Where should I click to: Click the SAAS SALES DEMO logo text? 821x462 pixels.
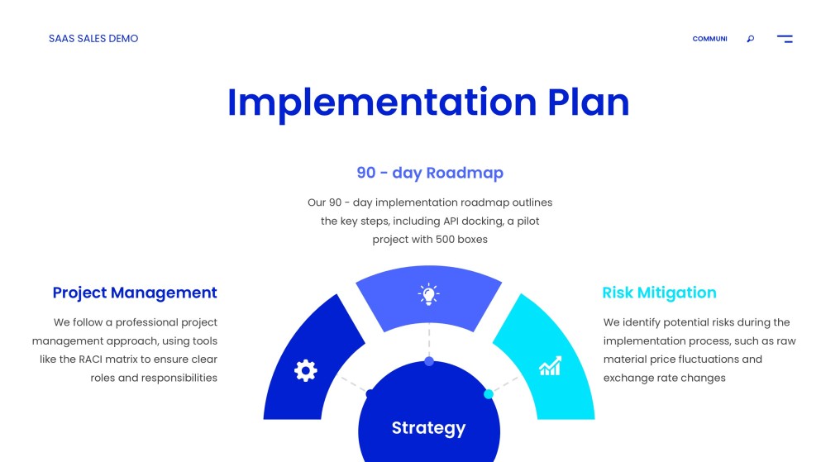(93, 39)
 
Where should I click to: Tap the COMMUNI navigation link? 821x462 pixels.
(709, 39)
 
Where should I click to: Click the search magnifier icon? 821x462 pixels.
(750, 39)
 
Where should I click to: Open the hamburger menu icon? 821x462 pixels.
(785, 39)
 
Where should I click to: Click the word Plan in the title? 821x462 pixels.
(588, 102)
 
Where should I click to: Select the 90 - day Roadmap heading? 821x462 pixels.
(430, 173)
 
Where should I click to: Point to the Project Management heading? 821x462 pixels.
(135, 293)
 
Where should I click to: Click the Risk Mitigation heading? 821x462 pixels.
(659, 293)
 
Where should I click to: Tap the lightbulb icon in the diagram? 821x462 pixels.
(428, 294)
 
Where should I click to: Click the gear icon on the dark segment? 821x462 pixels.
(305, 370)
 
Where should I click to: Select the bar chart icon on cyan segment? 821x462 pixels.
(551, 366)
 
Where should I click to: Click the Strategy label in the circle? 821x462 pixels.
(428, 427)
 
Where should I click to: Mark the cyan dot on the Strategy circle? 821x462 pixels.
(489, 394)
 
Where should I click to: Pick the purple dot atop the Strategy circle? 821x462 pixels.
(428, 361)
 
